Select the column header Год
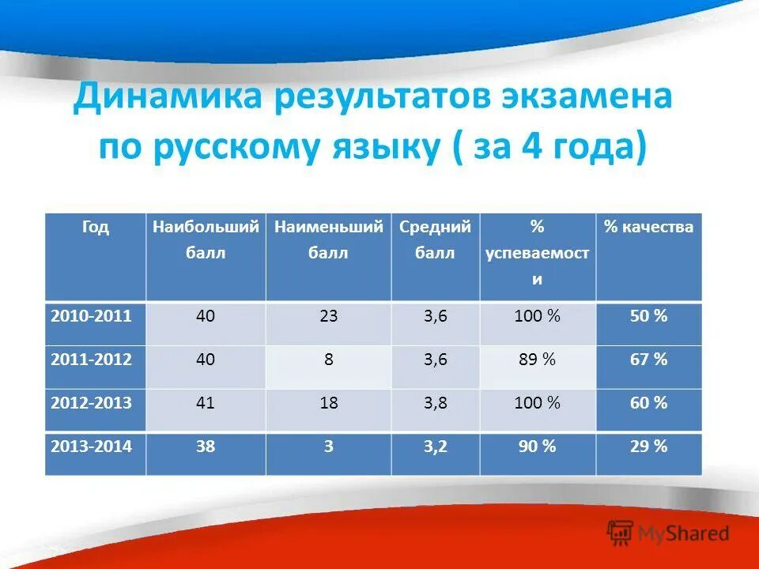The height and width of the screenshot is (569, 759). (x=95, y=228)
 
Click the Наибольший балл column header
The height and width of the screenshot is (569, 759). (x=206, y=240)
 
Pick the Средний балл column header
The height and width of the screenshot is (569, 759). (x=435, y=240)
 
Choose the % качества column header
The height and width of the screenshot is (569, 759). (x=648, y=228)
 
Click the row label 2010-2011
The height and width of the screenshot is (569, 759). (x=91, y=316)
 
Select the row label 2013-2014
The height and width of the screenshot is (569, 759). (x=91, y=447)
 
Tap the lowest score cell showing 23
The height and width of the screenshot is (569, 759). (x=328, y=316)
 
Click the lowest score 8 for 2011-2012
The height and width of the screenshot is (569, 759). (x=328, y=360)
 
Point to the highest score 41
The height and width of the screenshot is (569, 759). (x=206, y=403)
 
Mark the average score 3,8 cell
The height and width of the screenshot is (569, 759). (x=435, y=403)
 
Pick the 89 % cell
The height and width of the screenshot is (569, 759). (x=537, y=360)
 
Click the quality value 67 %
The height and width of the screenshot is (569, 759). (x=648, y=360)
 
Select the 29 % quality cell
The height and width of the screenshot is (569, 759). (x=648, y=447)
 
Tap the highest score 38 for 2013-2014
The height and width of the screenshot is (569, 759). (x=206, y=447)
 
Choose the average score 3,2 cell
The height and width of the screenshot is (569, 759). (x=435, y=447)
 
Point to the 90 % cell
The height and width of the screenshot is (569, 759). (x=537, y=447)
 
